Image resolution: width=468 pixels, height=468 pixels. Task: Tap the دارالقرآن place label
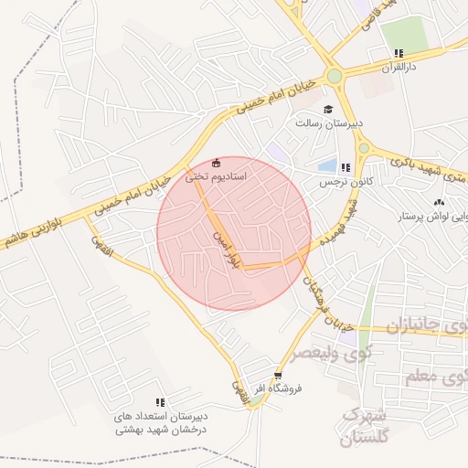coord(399,68)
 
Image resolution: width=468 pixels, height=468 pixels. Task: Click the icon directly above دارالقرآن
coord(398,53)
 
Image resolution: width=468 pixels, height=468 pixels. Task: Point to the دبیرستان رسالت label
coord(329,122)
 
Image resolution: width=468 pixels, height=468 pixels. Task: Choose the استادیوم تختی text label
coord(216,176)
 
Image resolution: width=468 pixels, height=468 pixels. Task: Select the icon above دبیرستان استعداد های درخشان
coord(160,402)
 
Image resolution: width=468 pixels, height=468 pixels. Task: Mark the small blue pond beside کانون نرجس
coord(327,165)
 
